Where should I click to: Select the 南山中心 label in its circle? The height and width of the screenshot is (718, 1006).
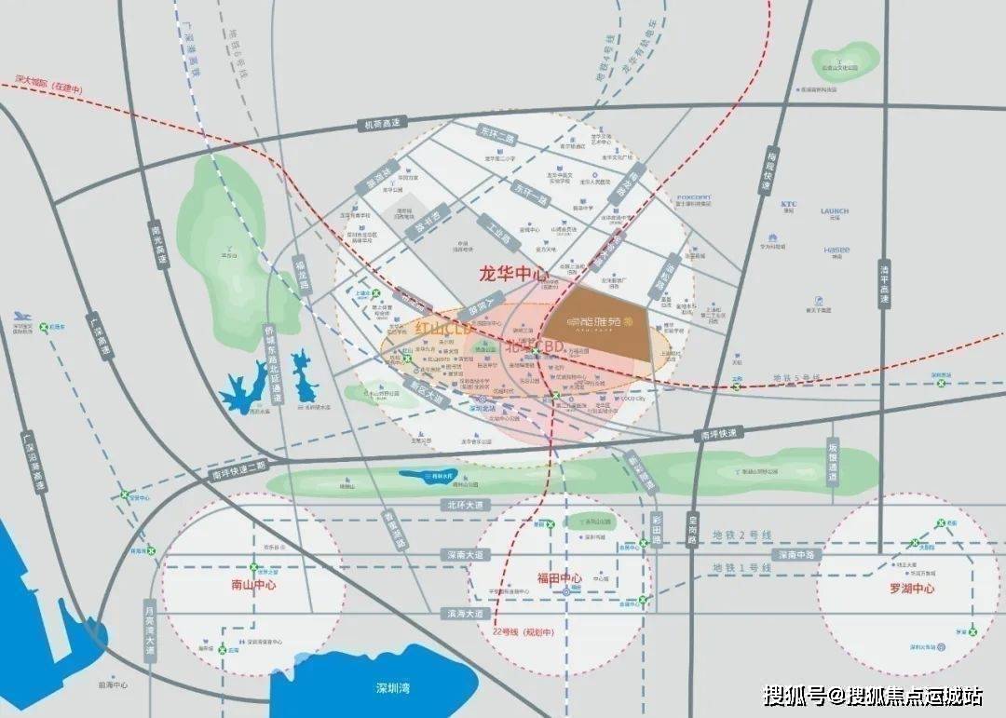click(253, 587)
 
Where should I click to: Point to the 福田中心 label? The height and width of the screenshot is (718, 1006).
click(559, 577)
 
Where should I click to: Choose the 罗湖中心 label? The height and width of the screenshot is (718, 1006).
click(912, 589)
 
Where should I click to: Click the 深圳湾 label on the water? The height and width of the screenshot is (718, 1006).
click(393, 688)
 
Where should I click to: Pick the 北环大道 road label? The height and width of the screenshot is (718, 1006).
click(463, 505)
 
